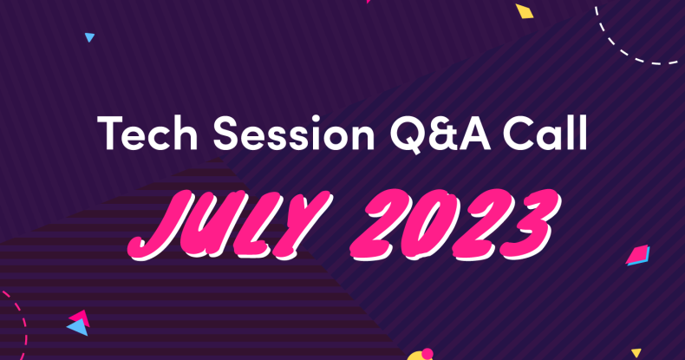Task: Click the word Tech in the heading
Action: tap(147, 133)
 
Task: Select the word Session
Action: tap(294, 134)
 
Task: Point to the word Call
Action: tap(545, 133)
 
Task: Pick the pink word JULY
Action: tap(230, 224)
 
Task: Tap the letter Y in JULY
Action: tap(303, 224)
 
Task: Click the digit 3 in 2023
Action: tap(531, 225)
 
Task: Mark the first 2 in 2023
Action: tap(380, 224)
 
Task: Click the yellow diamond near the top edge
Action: tap(525, 11)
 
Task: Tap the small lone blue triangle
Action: tap(89, 37)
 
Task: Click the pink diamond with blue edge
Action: tap(638, 255)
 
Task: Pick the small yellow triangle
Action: tap(636, 352)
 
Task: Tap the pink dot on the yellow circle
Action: tap(427, 353)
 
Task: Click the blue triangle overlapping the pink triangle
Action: tap(78, 327)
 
